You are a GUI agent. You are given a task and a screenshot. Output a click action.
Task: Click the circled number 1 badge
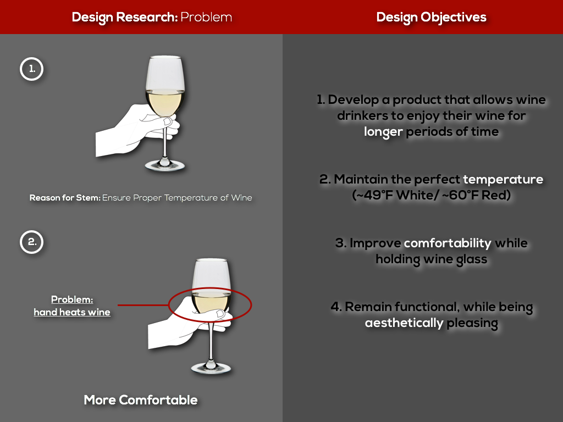tap(31, 69)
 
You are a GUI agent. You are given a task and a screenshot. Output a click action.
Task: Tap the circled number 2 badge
tap(31, 242)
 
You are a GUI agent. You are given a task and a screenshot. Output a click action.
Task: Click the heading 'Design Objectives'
tap(431, 17)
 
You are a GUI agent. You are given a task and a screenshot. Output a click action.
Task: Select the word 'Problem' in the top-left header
tap(206, 17)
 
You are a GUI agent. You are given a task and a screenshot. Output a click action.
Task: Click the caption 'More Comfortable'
tap(141, 400)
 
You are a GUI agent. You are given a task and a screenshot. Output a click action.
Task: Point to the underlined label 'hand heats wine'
tap(72, 312)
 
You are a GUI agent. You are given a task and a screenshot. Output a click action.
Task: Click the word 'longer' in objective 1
tap(383, 132)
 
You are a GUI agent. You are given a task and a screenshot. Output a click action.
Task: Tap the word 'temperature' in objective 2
tap(503, 179)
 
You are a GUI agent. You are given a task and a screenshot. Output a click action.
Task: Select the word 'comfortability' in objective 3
tap(448, 243)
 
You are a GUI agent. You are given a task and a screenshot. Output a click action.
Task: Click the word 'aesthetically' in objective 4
tap(404, 323)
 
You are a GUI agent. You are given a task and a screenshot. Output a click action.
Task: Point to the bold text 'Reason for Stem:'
tap(65, 198)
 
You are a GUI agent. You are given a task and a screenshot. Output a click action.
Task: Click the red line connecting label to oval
tap(143, 306)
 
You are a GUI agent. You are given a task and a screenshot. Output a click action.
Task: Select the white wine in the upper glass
tap(165, 102)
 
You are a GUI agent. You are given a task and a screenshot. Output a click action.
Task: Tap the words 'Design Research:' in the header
tap(125, 17)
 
